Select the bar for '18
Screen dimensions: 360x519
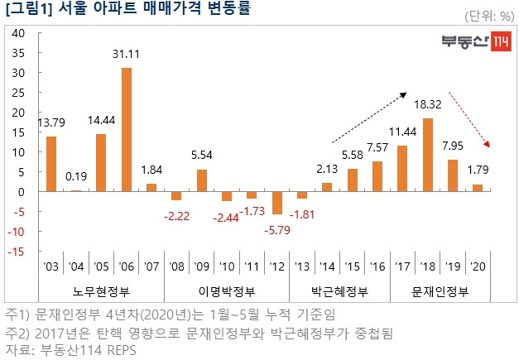428,155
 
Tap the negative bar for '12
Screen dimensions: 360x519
277,203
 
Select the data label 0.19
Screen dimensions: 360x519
76,175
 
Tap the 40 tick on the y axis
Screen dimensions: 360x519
19,33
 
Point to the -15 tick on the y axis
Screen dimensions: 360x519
17,252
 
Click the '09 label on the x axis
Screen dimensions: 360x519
201,266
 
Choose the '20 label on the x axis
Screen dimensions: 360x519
478,266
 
